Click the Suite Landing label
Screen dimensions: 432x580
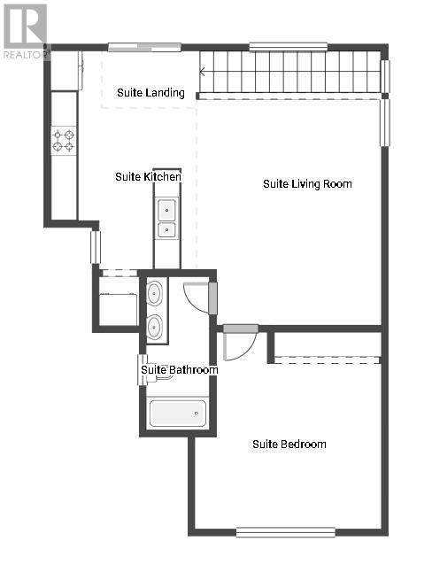[x=150, y=92]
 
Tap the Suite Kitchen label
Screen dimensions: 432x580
[x=148, y=177]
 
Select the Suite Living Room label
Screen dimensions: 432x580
[x=307, y=184]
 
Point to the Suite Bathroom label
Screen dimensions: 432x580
[x=180, y=370]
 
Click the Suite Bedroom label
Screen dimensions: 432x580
[x=289, y=444]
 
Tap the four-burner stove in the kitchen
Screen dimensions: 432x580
[x=64, y=141]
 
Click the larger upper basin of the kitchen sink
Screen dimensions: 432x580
[x=166, y=210]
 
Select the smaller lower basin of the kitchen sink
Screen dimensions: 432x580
[x=166, y=230]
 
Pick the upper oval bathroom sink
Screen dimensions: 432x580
[x=154, y=293]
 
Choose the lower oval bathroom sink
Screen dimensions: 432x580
[x=154, y=327]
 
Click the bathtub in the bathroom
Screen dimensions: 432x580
[x=178, y=414]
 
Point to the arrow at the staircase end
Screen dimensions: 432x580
[x=203, y=72]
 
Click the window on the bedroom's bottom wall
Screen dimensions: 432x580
[x=286, y=532]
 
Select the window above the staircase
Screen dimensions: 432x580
[x=288, y=47]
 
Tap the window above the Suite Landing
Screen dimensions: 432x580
[x=144, y=47]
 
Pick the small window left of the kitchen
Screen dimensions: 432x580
[x=96, y=247]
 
